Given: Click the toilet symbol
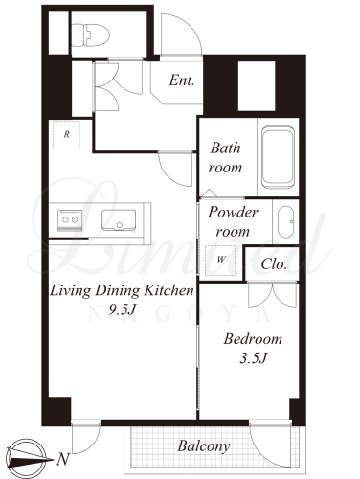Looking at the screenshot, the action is click(x=90, y=35).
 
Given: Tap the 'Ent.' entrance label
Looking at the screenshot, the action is click(x=182, y=80).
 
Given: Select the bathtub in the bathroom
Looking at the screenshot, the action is click(x=278, y=157).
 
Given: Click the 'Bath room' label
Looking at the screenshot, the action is click(x=225, y=158).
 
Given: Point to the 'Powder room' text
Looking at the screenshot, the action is click(x=233, y=221).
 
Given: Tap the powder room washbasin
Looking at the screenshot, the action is click(x=285, y=222).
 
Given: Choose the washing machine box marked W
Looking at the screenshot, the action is click(x=220, y=261).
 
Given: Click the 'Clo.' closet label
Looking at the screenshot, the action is click(x=274, y=264).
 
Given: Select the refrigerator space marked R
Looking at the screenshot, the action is click(x=66, y=134).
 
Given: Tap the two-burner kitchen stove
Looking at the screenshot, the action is click(x=70, y=220).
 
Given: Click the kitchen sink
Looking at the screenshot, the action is click(x=119, y=220).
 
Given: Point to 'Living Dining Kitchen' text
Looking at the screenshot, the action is click(x=122, y=291).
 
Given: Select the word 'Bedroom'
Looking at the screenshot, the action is click(x=253, y=339).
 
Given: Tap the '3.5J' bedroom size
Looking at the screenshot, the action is click(x=253, y=358).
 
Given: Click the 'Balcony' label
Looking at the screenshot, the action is click(x=204, y=446).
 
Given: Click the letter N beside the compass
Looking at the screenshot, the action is click(x=63, y=460).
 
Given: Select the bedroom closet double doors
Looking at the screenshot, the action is click(x=273, y=294).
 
